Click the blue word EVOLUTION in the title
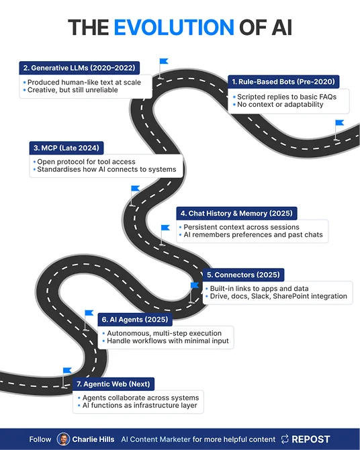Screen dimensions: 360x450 pyautogui.click(x=174, y=28)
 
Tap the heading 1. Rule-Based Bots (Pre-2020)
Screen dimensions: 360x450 pyautogui.click(x=283, y=82)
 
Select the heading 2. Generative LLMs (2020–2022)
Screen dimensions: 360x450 pyautogui.click(x=79, y=68)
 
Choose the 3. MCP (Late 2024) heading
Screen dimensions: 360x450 pyautogui.click(x=66, y=148)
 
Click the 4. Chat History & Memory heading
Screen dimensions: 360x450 pyautogui.click(x=236, y=213)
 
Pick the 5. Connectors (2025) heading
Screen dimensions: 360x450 pyautogui.click(x=243, y=275)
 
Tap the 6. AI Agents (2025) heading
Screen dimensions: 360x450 pyautogui.click(x=135, y=320)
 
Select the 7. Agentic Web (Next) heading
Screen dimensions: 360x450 pyautogui.click(x=113, y=384)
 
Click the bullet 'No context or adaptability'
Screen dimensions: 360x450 pyautogui.click(x=280, y=105)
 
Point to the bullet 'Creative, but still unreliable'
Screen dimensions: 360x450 pyautogui.click(x=73, y=90)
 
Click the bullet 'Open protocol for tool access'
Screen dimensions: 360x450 pyautogui.click(x=86, y=162)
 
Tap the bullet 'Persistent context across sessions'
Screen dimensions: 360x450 pyautogui.click(x=241, y=227)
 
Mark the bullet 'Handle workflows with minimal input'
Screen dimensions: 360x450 pyautogui.click(x=168, y=341)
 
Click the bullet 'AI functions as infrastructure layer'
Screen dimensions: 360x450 pyautogui.click(x=140, y=405)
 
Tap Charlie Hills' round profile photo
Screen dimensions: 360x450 pyautogui.click(x=63, y=439)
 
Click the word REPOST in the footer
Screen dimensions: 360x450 pyautogui.click(x=310, y=439)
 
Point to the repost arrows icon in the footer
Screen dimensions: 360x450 pyautogui.click(x=285, y=439)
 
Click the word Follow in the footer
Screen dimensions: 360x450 pyautogui.click(x=40, y=439)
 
